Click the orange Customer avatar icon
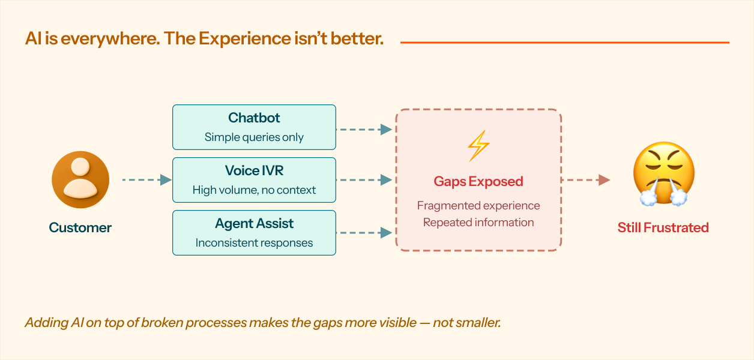coord(80,179)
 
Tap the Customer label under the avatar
coord(80,227)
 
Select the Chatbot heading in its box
coord(254,118)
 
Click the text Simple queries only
coord(254,137)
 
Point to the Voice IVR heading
coord(254,170)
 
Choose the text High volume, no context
coord(254,190)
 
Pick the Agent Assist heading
coord(254,223)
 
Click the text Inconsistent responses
coord(254,243)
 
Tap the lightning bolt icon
coord(478,146)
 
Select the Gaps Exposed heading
coord(478,181)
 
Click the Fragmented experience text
coord(478,206)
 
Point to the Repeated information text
coord(478,223)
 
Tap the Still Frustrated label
coord(663,227)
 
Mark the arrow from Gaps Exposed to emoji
coord(585,179)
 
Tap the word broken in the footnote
coord(157,323)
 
